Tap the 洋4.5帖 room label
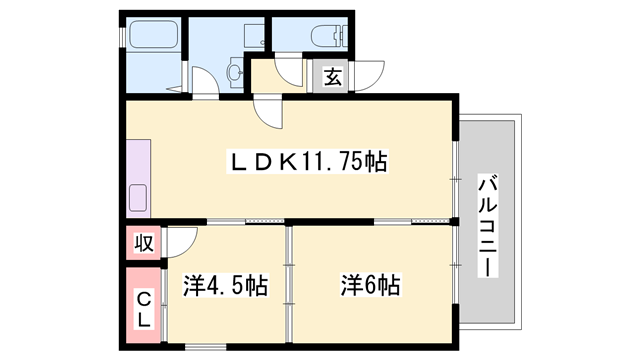pos(225,287)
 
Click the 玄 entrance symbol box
pos(331,74)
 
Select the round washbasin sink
pos(236,72)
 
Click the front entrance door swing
pos(370,76)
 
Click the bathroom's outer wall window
pos(123,35)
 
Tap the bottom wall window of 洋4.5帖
pos(206,347)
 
